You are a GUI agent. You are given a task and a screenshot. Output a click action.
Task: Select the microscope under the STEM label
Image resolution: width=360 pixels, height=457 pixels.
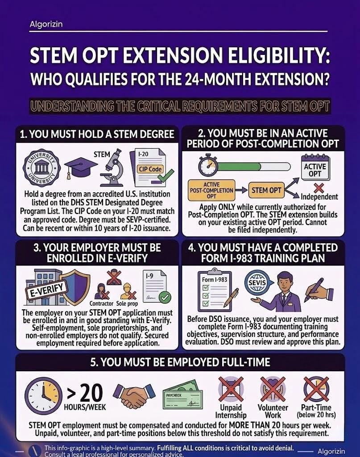point(112,167)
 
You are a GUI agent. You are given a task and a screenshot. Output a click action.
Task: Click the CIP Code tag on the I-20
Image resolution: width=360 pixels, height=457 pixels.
point(150,169)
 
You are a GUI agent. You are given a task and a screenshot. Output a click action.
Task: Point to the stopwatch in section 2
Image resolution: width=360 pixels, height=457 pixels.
point(208,165)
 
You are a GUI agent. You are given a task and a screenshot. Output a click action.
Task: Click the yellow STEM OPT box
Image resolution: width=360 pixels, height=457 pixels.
point(266,190)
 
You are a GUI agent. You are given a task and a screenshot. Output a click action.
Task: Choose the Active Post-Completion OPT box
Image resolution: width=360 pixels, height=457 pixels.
point(211,190)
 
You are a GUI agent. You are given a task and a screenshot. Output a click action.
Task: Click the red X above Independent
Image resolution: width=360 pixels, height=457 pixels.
point(319,188)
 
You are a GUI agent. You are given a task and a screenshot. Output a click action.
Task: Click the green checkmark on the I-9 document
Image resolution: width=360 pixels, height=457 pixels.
point(165,297)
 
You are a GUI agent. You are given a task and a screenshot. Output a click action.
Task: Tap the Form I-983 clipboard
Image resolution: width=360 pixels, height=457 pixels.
point(215,290)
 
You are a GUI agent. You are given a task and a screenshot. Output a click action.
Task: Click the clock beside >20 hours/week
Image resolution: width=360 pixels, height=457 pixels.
point(43,396)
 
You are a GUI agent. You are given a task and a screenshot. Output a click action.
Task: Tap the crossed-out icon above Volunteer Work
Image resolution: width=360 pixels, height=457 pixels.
point(273,389)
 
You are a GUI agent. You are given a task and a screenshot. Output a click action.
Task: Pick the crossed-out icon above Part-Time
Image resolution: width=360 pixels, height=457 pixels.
point(316,389)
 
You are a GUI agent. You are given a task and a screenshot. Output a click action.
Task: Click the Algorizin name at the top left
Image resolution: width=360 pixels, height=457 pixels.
point(46,24)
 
